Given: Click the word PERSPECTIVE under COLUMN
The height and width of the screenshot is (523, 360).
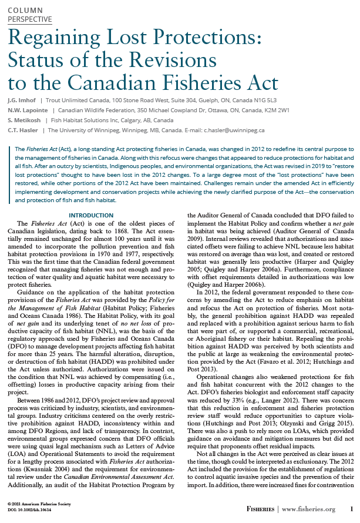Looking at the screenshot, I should click(29, 19).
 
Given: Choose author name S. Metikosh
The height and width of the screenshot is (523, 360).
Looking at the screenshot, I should click(24, 120).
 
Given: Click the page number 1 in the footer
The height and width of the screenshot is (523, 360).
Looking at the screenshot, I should click(351, 509).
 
